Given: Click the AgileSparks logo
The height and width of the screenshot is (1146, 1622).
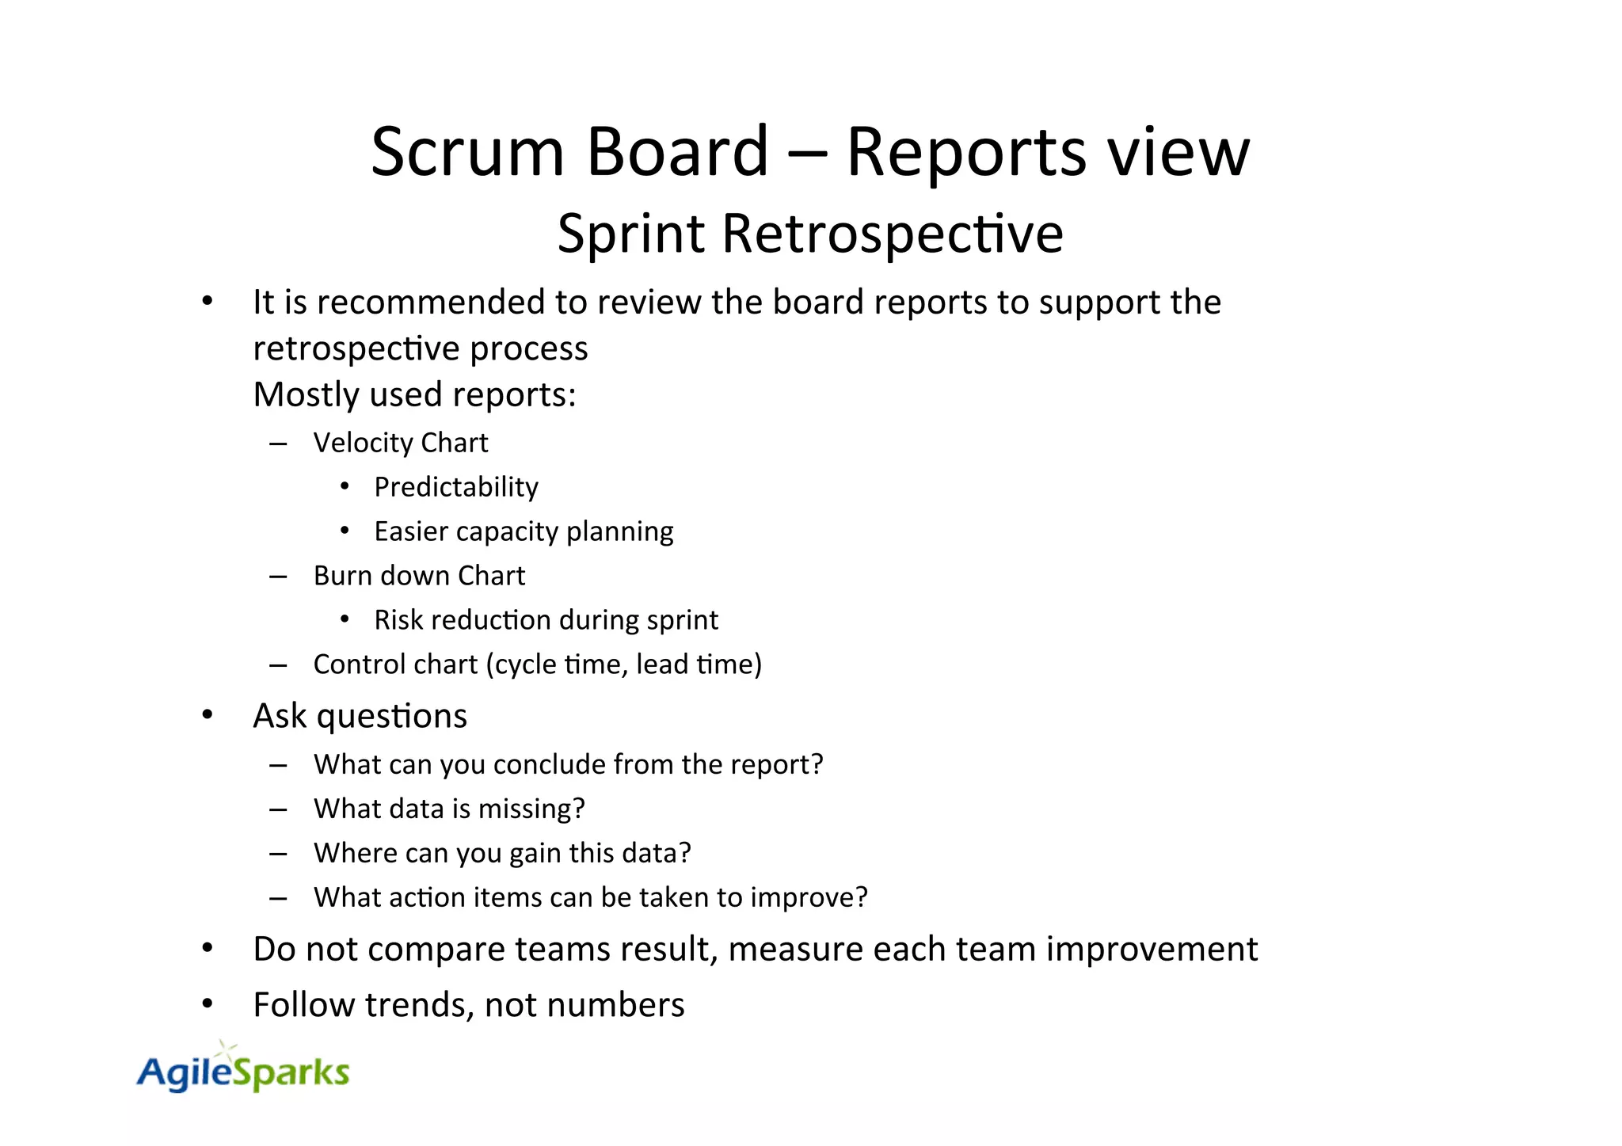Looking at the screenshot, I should (x=242, y=1071).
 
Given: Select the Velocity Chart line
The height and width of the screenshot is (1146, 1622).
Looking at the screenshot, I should (x=400, y=443).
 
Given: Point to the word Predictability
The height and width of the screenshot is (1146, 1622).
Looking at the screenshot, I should (x=456, y=487).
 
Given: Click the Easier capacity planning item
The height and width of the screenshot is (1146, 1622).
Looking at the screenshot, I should (x=524, y=531).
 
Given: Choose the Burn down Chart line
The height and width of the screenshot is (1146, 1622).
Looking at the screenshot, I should (x=419, y=576).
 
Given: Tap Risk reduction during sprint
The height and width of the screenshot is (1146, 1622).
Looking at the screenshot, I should (x=546, y=620).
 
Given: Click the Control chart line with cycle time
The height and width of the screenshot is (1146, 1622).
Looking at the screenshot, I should (x=537, y=664).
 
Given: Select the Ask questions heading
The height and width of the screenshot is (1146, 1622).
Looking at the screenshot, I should (x=360, y=716).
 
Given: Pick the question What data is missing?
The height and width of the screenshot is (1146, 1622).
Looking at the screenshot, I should (x=449, y=809).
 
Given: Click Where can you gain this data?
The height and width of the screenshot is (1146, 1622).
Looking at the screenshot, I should (x=502, y=853).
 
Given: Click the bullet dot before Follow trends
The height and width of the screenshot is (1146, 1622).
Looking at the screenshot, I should (x=208, y=1005).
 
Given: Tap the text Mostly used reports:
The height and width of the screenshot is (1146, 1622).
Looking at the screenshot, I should (x=414, y=394).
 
